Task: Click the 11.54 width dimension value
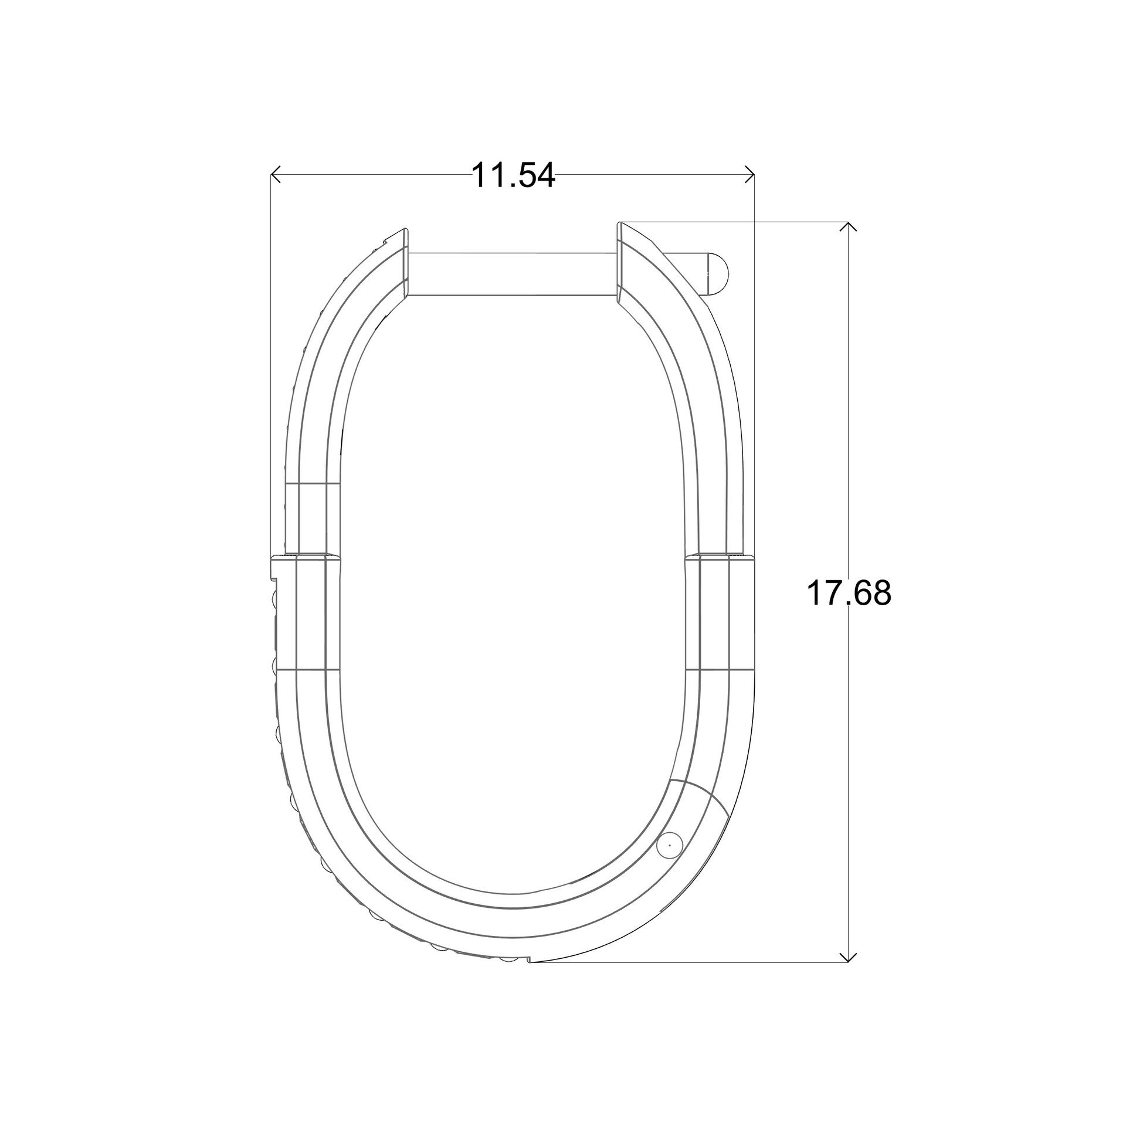pos(513,175)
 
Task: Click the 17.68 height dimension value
pos(849,593)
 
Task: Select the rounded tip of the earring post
pos(717,273)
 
